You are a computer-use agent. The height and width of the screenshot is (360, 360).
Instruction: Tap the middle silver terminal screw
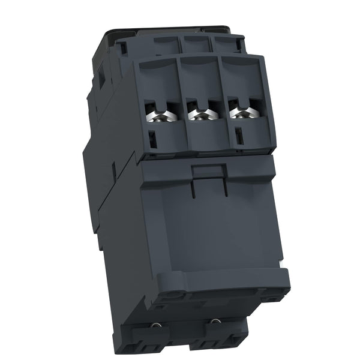click(198, 112)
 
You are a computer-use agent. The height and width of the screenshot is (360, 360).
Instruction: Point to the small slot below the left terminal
click(152, 139)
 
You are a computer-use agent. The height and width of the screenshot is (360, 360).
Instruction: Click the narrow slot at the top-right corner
click(241, 46)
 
